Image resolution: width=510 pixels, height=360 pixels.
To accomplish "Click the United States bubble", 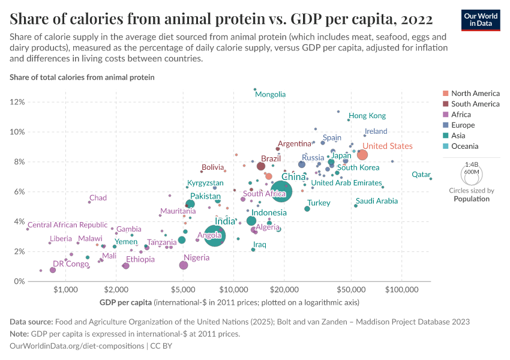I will pos(362,155).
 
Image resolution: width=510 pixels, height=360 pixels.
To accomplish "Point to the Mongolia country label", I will pos(270,94).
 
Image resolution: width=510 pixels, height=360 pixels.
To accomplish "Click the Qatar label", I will pos(421,175).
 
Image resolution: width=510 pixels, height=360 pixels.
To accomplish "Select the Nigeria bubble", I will pos(184,265).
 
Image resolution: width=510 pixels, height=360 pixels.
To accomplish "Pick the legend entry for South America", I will pos(475,104).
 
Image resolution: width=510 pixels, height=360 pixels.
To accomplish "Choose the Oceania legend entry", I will pos(465,146).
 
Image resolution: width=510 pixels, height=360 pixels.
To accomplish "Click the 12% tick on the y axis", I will pos(17,102).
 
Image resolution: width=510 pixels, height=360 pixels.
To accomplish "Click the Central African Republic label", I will pos(68,225).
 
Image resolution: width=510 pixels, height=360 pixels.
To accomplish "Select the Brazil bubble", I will pos(261,166).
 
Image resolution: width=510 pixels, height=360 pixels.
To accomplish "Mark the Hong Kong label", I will pos(367,116).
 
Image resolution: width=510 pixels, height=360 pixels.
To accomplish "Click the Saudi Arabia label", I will pos(377,201).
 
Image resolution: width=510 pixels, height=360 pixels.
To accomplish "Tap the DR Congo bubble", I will pos(53,270).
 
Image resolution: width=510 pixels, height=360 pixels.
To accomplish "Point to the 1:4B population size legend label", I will pos(472,163).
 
